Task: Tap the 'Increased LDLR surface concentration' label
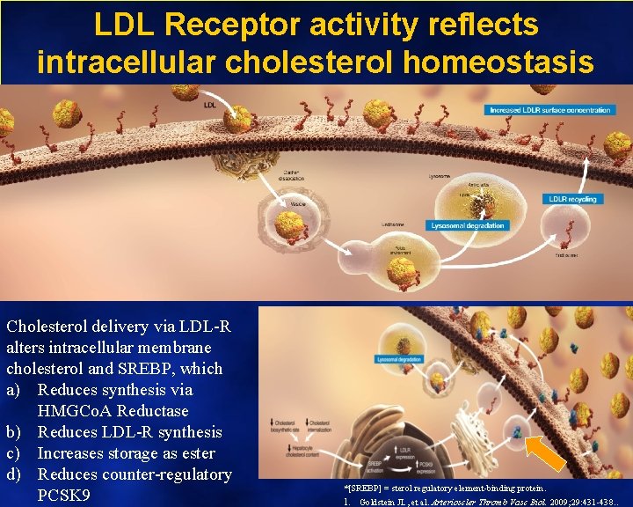point(549,110)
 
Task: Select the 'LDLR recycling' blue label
point(572,199)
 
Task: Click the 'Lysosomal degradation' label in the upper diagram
point(469,225)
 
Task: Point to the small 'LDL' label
point(210,105)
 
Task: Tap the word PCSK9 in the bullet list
point(64,496)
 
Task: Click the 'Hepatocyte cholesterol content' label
point(298,451)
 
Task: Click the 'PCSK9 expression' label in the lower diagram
point(404,464)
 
